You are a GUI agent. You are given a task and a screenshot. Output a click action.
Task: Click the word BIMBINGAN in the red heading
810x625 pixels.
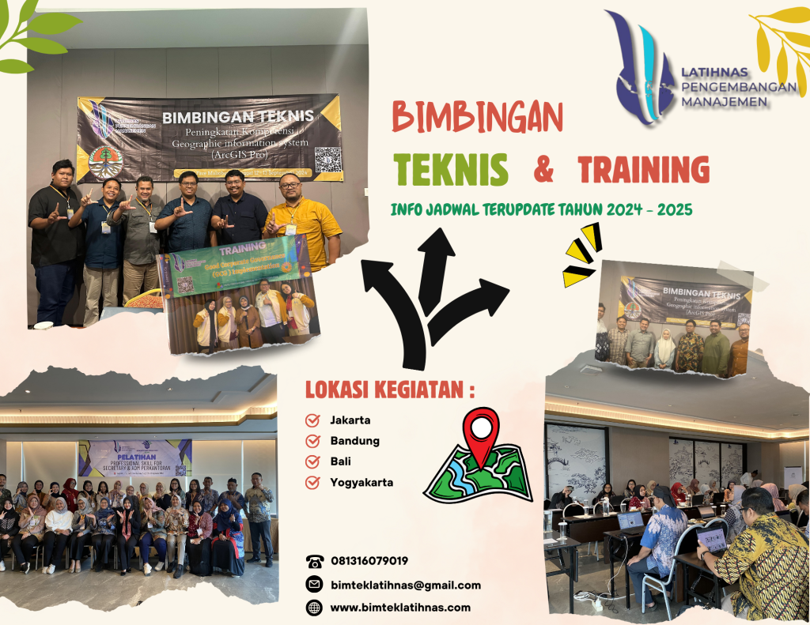(477, 119)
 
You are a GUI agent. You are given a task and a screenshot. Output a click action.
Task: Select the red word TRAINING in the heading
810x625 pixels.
(643, 169)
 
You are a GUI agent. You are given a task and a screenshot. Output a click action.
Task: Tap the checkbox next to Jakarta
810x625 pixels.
(312, 420)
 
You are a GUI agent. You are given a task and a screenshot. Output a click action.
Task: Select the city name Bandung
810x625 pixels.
(354, 441)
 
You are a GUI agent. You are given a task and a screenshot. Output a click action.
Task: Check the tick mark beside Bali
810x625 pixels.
(312, 461)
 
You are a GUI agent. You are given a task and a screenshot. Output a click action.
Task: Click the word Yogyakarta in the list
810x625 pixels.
(361, 482)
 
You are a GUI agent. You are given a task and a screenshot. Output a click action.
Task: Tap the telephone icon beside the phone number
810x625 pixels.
(315, 562)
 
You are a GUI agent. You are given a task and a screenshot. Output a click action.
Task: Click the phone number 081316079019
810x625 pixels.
(369, 561)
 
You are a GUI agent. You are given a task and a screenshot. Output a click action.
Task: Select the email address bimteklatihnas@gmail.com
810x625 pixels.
(405, 585)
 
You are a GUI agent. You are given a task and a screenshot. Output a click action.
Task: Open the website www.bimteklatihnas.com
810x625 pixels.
(399, 608)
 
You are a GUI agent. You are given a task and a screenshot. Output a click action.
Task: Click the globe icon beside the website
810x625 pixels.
(315, 608)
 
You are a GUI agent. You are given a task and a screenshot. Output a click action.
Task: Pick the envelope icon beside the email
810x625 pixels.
(315, 585)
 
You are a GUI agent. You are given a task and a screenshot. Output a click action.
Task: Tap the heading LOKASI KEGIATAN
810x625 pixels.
(390, 390)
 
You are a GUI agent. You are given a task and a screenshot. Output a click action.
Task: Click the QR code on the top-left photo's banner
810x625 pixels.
(327, 159)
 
